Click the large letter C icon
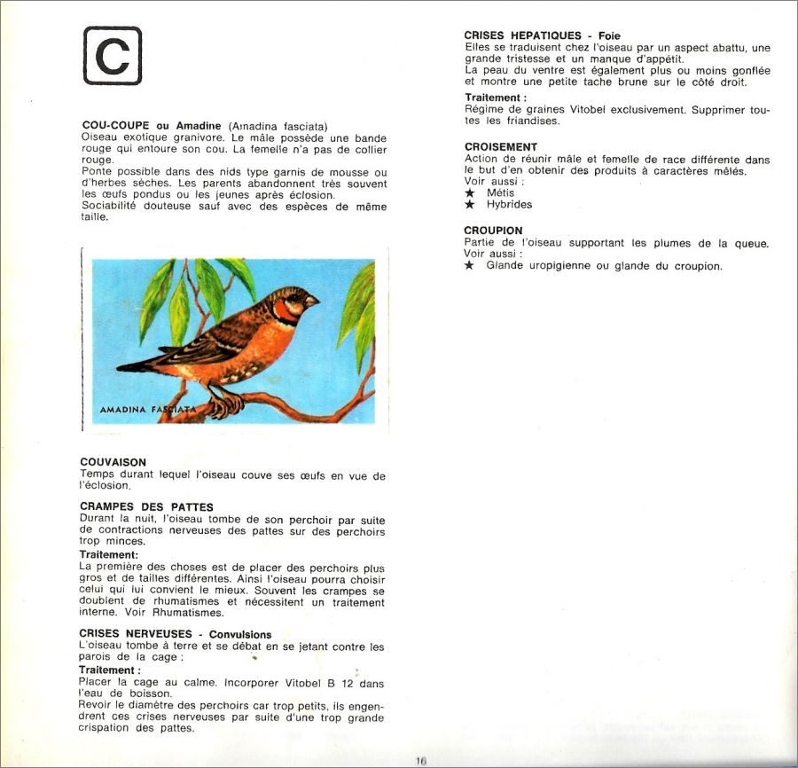click(113, 56)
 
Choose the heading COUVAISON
click(113, 462)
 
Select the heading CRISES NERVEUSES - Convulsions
click(176, 634)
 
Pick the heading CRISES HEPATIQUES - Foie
click(543, 35)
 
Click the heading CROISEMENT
click(501, 146)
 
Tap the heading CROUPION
click(493, 231)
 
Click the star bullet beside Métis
click(470, 192)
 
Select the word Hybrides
click(509, 205)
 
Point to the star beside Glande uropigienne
click(470, 266)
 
